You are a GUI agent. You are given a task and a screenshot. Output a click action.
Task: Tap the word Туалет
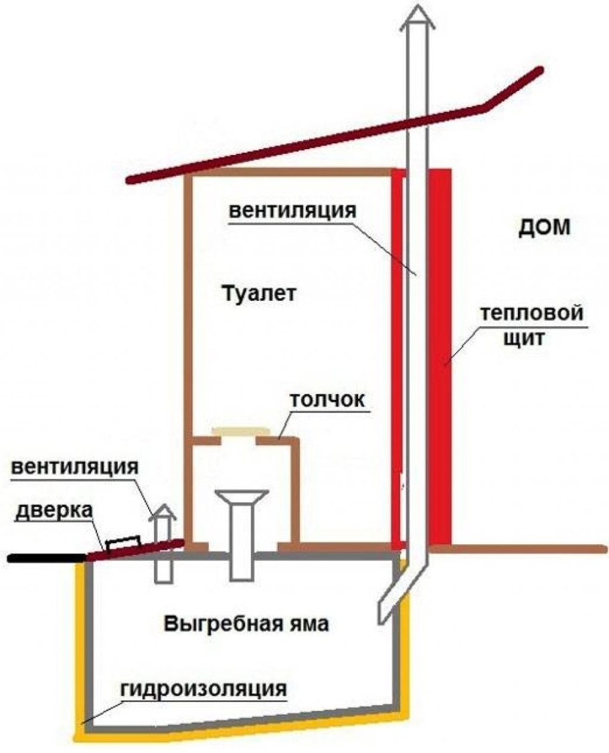(x=257, y=293)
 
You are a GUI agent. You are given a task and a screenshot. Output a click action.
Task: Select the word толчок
(x=327, y=400)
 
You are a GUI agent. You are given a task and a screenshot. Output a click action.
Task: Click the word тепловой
(x=533, y=314)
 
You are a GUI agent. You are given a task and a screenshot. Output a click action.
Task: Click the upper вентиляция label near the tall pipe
(x=290, y=211)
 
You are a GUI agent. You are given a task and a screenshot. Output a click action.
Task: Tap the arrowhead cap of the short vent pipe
(x=163, y=513)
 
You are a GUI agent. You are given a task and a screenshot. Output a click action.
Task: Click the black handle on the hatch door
(x=122, y=540)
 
